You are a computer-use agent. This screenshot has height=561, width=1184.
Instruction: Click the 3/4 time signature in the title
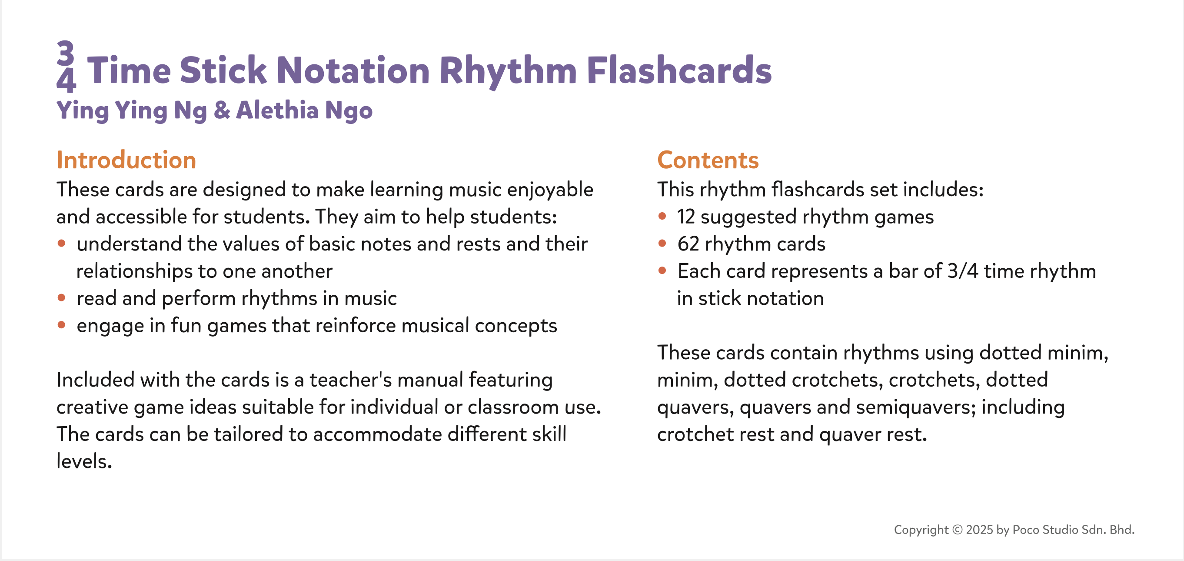point(66,67)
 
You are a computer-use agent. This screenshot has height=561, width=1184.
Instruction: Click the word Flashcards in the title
point(679,70)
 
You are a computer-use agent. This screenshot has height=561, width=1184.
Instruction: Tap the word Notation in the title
point(353,70)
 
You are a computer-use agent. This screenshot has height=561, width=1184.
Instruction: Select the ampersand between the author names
point(222,110)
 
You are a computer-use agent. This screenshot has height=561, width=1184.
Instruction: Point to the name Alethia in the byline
point(277,110)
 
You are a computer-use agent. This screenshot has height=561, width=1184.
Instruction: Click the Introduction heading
point(126,160)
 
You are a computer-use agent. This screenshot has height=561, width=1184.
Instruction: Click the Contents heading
point(708,160)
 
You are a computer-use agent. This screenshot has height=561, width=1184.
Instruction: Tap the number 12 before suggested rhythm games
point(686,217)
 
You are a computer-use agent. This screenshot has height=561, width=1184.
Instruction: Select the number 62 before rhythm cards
point(688,244)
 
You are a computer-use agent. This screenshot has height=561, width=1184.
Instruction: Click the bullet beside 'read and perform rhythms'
point(62,297)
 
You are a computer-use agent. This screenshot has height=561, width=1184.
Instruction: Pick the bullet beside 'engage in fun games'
point(62,325)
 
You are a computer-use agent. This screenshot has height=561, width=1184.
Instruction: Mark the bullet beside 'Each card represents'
point(662,270)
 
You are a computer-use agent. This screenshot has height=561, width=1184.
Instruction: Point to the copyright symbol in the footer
point(958,530)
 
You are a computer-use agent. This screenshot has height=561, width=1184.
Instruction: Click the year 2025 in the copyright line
point(979,530)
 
